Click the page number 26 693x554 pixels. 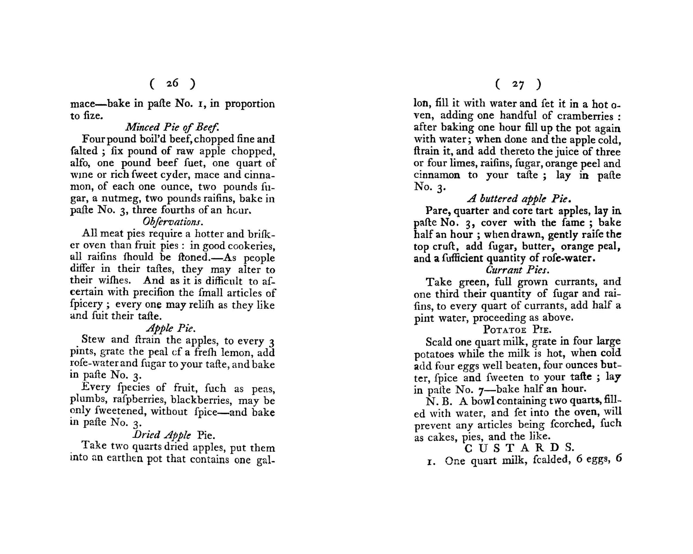click(172, 83)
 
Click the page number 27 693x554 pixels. click(518, 85)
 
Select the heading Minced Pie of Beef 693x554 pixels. click(172, 127)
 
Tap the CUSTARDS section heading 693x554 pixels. click(519, 448)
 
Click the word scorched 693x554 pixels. click(563, 424)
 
